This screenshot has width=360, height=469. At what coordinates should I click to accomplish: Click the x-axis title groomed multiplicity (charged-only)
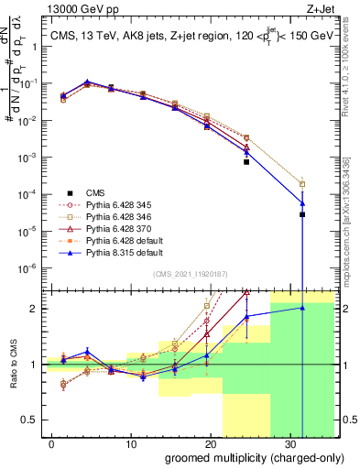243,457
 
